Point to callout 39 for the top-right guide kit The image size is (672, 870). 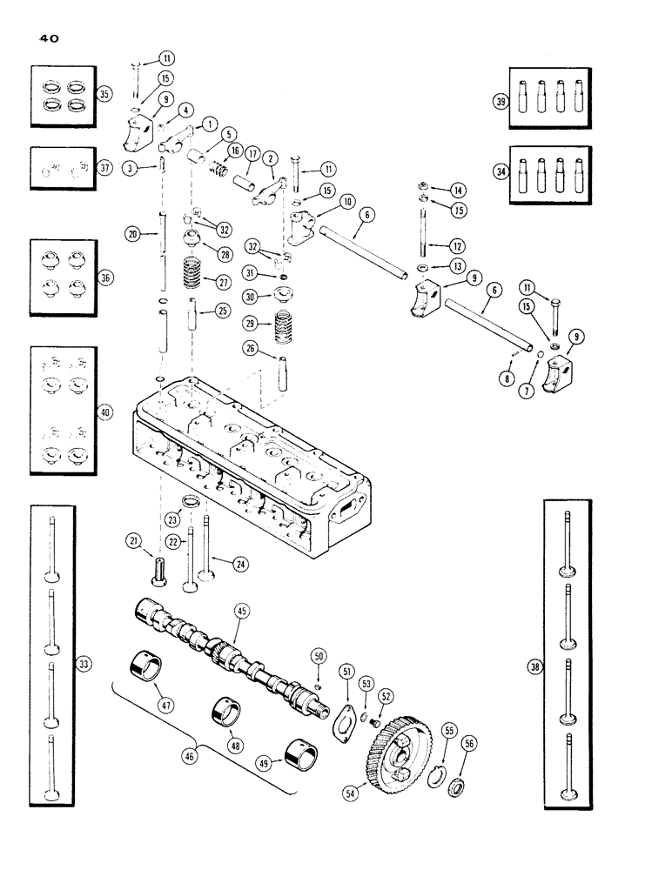coord(501,102)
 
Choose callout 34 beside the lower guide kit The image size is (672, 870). coord(501,172)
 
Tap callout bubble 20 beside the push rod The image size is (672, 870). coord(132,233)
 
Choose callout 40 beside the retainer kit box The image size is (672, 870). coord(105,413)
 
